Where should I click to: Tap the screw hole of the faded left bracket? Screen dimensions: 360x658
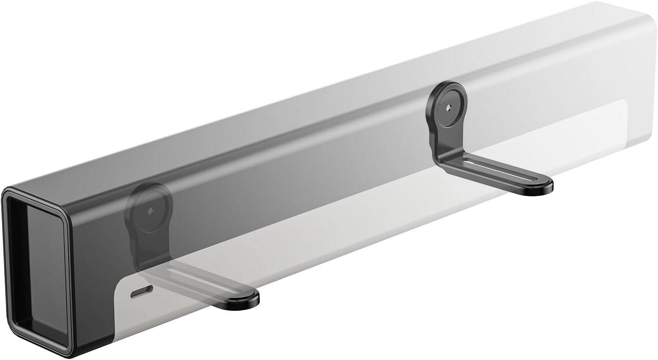(150, 211)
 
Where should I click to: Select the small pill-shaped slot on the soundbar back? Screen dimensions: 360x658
(142, 290)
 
